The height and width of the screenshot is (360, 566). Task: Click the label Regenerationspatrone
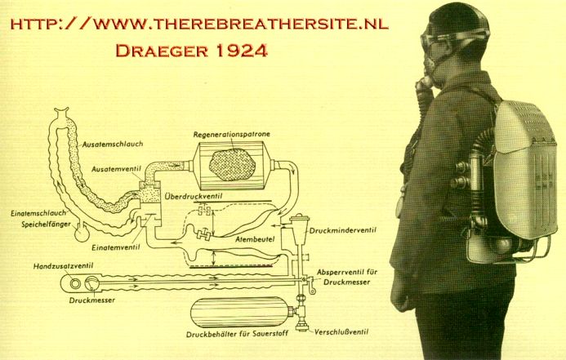(231, 135)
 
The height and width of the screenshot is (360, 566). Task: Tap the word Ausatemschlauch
(113, 144)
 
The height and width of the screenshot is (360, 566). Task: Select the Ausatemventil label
(116, 169)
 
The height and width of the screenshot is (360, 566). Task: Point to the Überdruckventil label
(193, 196)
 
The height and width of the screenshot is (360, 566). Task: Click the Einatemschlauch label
(38, 213)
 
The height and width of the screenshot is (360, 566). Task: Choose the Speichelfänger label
(46, 224)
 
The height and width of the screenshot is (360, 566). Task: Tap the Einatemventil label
(115, 247)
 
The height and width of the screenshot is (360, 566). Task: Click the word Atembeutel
(255, 239)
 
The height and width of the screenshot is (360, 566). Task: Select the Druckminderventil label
(342, 230)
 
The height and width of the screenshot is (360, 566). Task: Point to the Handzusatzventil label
(63, 266)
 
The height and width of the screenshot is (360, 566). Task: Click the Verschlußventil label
(341, 331)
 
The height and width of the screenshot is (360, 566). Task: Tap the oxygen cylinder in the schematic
(239, 312)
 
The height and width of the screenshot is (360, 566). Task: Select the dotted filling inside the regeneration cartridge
(232, 165)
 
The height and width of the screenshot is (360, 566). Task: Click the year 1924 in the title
(243, 51)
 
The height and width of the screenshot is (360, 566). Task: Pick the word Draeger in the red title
(162, 51)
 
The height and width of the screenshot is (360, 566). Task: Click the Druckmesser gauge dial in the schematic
(91, 283)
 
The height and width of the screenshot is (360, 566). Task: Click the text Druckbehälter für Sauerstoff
(237, 334)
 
